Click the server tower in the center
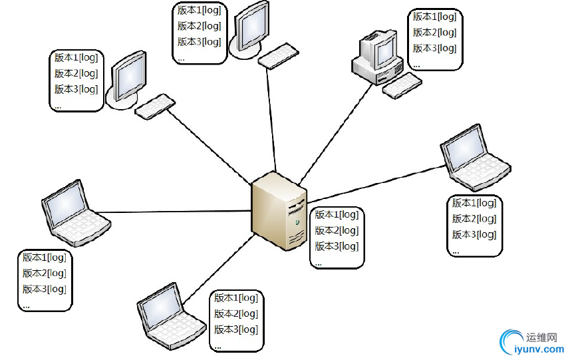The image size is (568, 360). [278, 210]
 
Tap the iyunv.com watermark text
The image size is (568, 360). [536, 348]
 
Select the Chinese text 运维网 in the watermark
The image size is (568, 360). [541, 335]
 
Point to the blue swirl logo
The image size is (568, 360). [511, 341]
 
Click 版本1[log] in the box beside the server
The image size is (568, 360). [337, 215]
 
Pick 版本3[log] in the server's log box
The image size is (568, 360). [337, 247]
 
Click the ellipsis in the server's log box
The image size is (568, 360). [319, 262]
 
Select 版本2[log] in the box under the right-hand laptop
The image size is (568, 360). [474, 219]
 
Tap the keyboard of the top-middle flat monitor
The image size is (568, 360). [278, 55]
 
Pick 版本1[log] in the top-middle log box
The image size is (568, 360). [200, 11]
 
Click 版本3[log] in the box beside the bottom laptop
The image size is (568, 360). [236, 330]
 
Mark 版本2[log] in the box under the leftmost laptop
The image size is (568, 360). [45, 273]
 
